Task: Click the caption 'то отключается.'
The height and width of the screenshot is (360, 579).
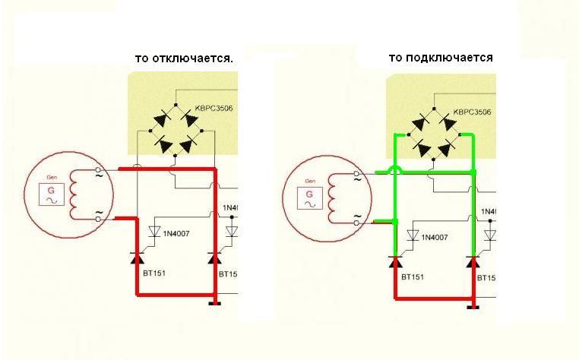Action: point(183,58)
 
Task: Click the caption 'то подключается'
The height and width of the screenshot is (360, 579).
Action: point(441,57)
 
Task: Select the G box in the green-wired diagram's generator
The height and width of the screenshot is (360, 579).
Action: point(310,199)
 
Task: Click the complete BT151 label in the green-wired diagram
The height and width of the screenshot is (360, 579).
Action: point(413,277)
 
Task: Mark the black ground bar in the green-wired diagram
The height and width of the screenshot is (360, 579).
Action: point(473,307)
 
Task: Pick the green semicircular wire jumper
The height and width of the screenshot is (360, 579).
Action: point(395,169)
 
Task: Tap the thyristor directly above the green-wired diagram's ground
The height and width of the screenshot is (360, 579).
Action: point(473,264)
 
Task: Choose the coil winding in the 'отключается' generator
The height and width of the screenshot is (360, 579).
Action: point(74,194)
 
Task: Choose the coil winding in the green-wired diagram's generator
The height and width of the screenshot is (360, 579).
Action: point(332,198)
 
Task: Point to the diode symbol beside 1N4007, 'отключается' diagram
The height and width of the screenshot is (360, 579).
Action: point(155,231)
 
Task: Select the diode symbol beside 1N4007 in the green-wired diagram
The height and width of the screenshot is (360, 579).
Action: point(414,235)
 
